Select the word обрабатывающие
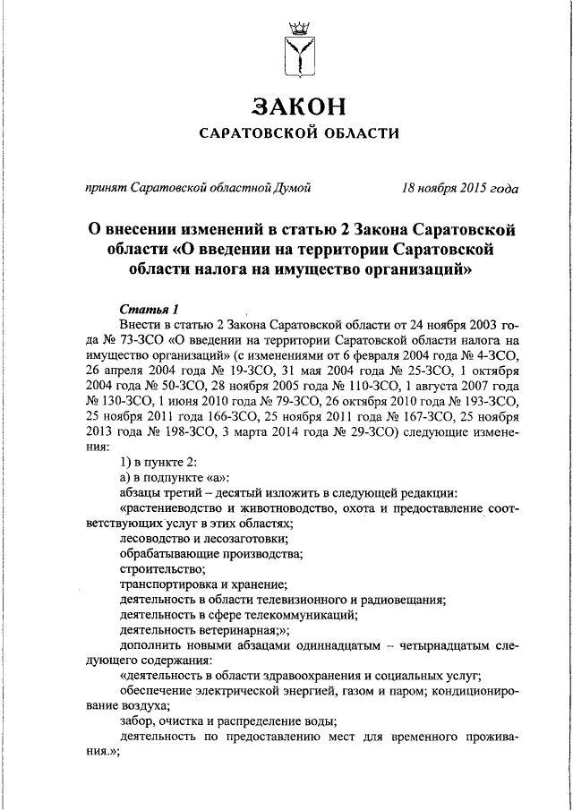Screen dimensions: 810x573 pos(167,553)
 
